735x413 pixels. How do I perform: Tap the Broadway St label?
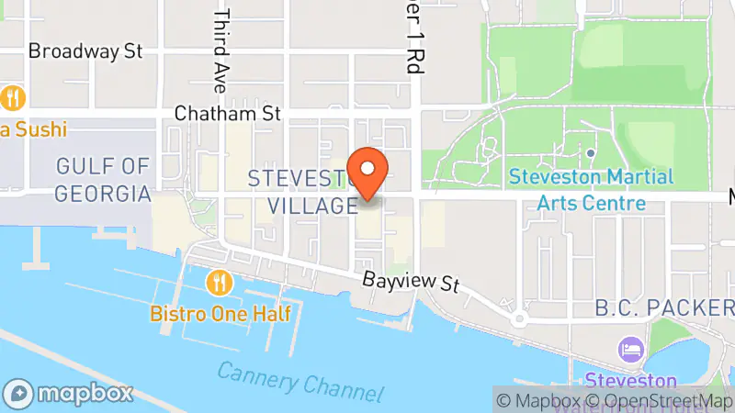point(85,50)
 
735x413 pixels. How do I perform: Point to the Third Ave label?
point(220,51)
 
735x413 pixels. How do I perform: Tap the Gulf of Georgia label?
point(101,180)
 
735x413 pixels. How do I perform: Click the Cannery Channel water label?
point(300,380)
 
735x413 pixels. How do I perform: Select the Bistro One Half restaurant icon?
point(218,280)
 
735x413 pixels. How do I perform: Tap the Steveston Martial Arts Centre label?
point(591,189)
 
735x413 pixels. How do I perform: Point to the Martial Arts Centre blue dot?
point(590,153)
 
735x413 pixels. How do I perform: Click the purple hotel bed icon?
point(631,349)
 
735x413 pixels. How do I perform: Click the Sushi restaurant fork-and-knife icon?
point(12,96)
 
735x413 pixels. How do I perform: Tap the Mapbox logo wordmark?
point(72,394)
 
